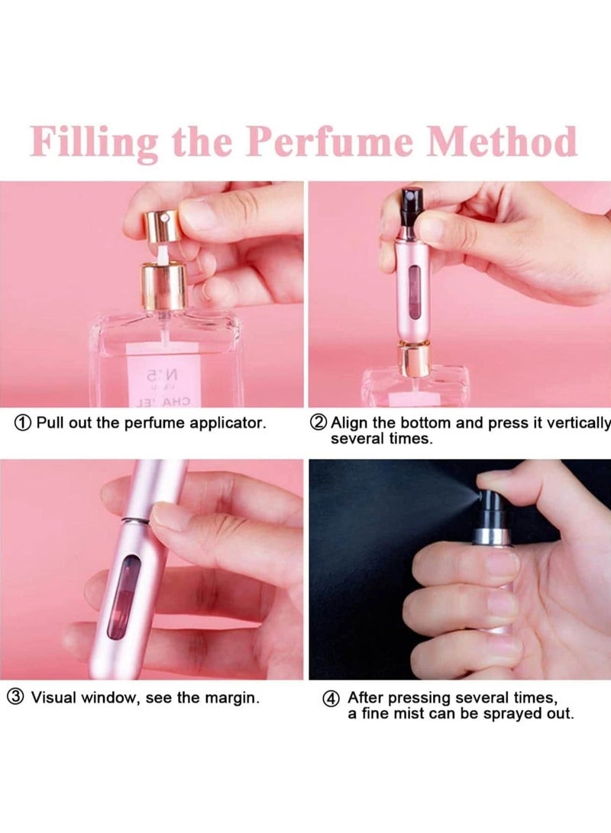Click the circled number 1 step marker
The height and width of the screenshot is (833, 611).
pos(24,422)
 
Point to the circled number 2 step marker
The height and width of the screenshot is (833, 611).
pos(318,422)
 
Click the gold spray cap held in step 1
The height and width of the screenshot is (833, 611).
pos(160,224)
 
